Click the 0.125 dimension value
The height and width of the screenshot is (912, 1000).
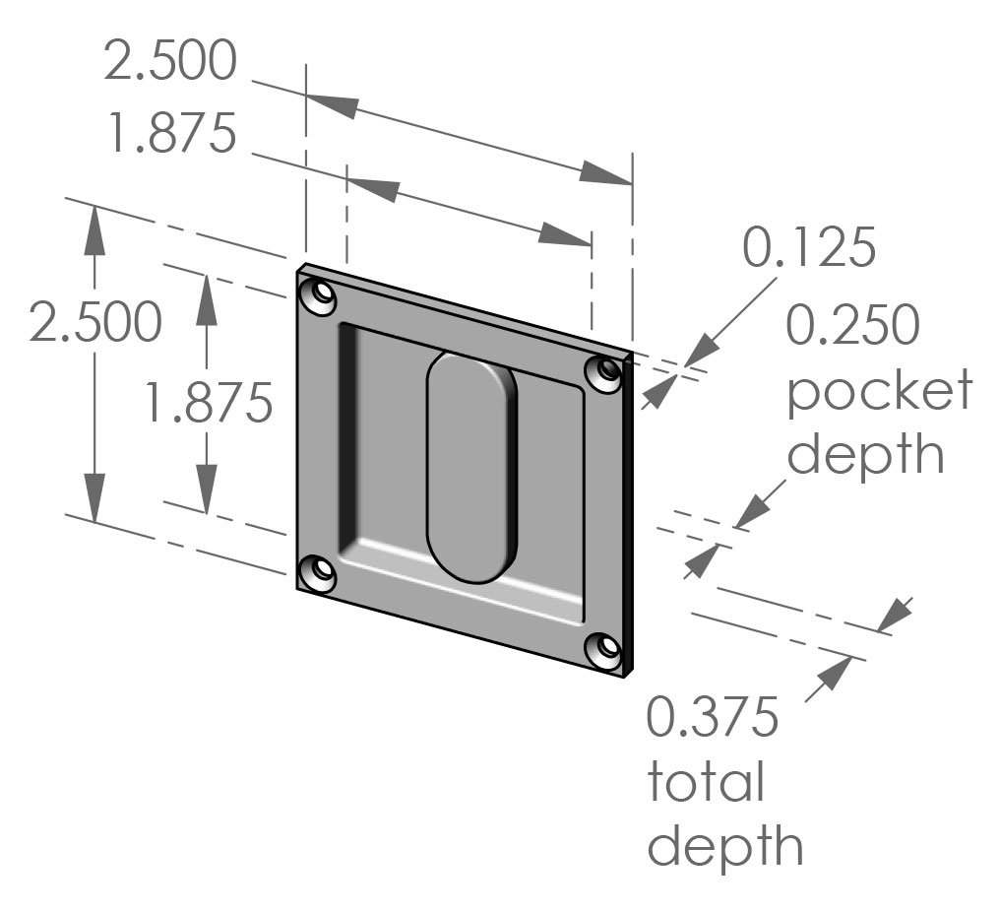[808, 248]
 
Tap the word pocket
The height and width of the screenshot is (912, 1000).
[879, 391]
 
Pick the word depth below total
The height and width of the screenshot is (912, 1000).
[724, 846]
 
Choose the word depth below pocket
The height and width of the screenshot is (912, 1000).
[865, 455]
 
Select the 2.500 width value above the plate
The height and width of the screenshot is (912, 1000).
[170, 61]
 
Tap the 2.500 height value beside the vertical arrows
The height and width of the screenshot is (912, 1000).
[95, 323]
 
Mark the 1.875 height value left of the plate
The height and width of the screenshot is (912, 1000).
[207, 402]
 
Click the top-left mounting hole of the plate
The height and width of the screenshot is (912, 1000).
[318, 296]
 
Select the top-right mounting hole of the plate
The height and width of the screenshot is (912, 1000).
[603, 373]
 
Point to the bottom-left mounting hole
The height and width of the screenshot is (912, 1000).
[317, 571]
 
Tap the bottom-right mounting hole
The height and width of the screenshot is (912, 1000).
[603, 650]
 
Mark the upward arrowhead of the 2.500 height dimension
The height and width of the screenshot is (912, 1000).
[94, 232]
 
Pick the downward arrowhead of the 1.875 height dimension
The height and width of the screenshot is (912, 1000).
[206, 488]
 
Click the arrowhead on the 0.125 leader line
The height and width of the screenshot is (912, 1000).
[700, 352]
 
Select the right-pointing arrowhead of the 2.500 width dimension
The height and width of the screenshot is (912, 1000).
[604, 174]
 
